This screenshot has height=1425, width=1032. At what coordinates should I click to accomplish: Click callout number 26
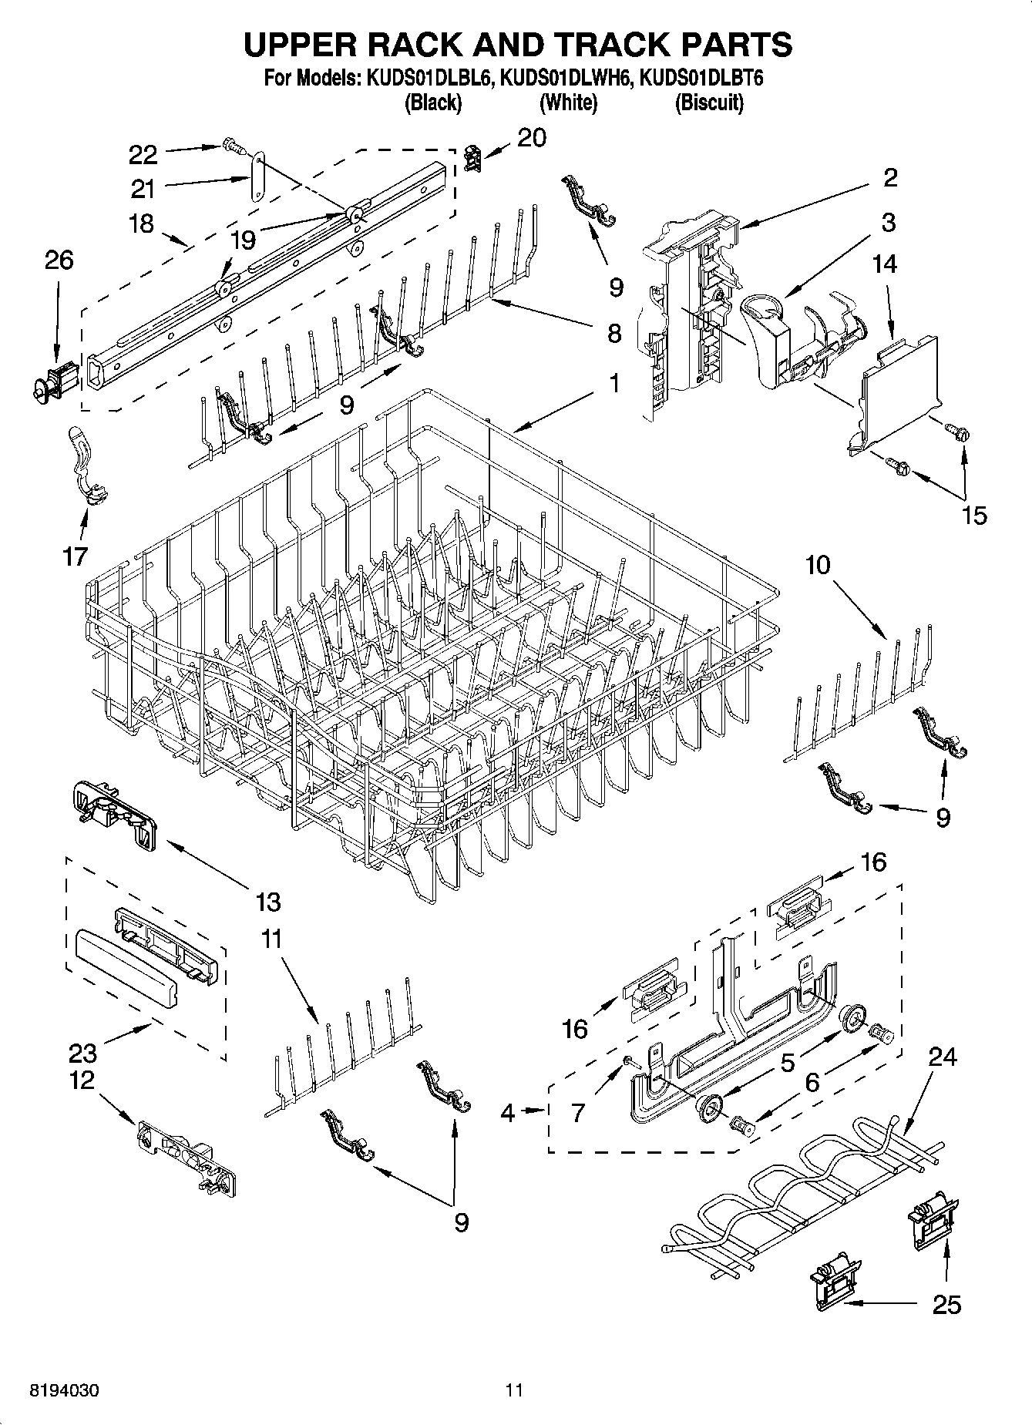(x=59, y=260)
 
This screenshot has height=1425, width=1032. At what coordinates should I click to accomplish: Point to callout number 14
(x=884, y=264)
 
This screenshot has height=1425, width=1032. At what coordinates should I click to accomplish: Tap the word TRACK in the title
(x=590, y=45)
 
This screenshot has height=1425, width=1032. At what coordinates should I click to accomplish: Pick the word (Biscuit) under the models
(x=709, y=103)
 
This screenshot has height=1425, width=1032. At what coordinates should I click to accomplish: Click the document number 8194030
(x=64, y=1391)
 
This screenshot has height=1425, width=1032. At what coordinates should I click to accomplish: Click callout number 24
(x=943, y=1057)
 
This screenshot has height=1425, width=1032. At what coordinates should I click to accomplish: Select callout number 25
(x=947, y=1304)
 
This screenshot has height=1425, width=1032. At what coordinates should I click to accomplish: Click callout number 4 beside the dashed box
(x=507, y=1112)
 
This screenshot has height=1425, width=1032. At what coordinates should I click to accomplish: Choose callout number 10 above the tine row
(x=818, y=565)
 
